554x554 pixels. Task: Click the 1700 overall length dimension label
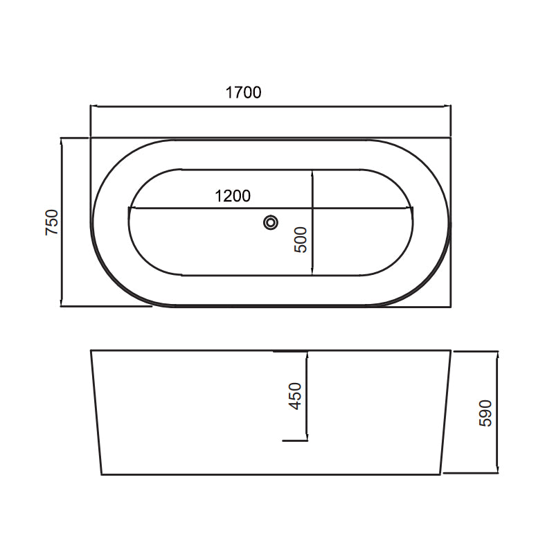pyautogui.click(x=243, y=92)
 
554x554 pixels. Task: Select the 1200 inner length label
pyautogui.click(x=232, y=196)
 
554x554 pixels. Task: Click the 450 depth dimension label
pyautogui.click(x=296, y=396)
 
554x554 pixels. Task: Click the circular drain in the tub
pyautogui.click(x=270, y=222)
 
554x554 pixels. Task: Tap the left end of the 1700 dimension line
pyautogui.click(x=91, y=107)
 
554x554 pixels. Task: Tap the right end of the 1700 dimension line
pyautogui.click(x=450, y=107)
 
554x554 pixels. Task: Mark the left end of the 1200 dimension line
pyautogui.click(x=129, y=208)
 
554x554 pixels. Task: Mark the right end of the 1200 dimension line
pyautogui.click(x=413, y=208)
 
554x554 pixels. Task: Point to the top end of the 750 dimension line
pyautogui.click(x=62, y=138)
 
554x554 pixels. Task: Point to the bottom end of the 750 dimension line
pyautogui.click(x=62, y=305)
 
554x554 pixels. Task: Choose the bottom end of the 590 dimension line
pyautogui.click(x=497, y=474)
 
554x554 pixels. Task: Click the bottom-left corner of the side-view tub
pyautogui.click(x=102, y=474)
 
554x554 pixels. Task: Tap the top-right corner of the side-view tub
pyautogui.click(x=451, y=350)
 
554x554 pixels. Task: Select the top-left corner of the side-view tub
pyautogui.click(x=91, y=350)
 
